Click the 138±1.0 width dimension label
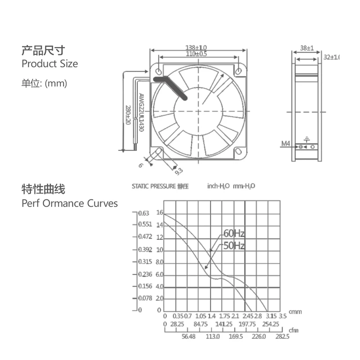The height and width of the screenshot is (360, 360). point(196,47)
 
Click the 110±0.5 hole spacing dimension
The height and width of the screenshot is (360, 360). point(196,54)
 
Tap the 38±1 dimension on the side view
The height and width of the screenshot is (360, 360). point(306,47)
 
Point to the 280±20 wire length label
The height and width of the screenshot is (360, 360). point(128,114)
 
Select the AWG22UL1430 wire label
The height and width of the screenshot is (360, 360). point(140,112)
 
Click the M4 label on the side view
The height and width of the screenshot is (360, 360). point(286,144)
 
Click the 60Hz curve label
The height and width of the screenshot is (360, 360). point(234,234)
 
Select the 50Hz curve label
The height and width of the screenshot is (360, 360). point(234,246)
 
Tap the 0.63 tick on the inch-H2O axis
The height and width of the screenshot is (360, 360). point(144,213)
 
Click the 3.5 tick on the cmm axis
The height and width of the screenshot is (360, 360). point(283,316)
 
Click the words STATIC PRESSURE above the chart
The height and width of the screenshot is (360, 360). point(153,186)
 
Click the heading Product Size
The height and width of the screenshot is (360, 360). point(49,64)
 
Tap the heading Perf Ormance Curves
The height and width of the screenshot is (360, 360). point(69,203)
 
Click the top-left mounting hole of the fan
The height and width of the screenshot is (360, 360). point(158,71)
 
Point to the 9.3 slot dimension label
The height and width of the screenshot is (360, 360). point(178,170)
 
